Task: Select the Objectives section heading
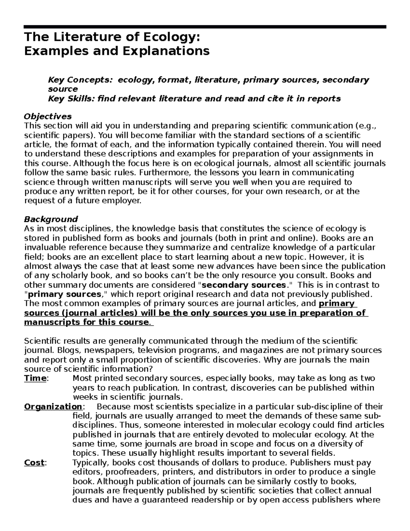[x=48, y=117]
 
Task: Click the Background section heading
[x=51, y=219]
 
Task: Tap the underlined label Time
[x=35, y=379]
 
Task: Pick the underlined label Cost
[x=34, y=463]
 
